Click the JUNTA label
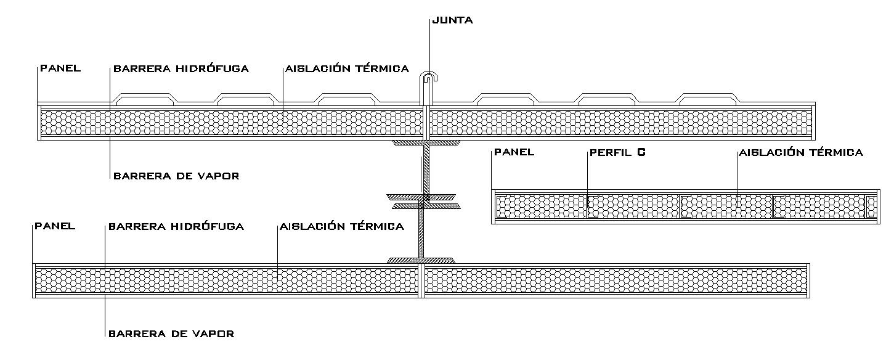click(453, 20)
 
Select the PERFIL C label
click(617, 152)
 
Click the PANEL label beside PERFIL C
click(514, 152)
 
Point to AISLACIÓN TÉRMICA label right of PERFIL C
click(801, 152)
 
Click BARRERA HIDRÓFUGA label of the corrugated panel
click(181, 68)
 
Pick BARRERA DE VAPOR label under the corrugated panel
click(176, 176)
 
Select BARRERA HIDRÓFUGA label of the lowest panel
click(176, 226)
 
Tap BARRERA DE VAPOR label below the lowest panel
click(171, 333)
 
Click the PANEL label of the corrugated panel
click(60, 68)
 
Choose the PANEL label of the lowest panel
click(55, 226)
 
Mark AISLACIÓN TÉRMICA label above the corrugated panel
click(347, 68)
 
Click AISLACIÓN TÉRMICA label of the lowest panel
click(342, 226)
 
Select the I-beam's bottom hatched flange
click(421, 261)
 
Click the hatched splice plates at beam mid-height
click(424, 201)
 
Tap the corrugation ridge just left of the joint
click(346, 97)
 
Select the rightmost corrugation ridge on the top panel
click(707, 97)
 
